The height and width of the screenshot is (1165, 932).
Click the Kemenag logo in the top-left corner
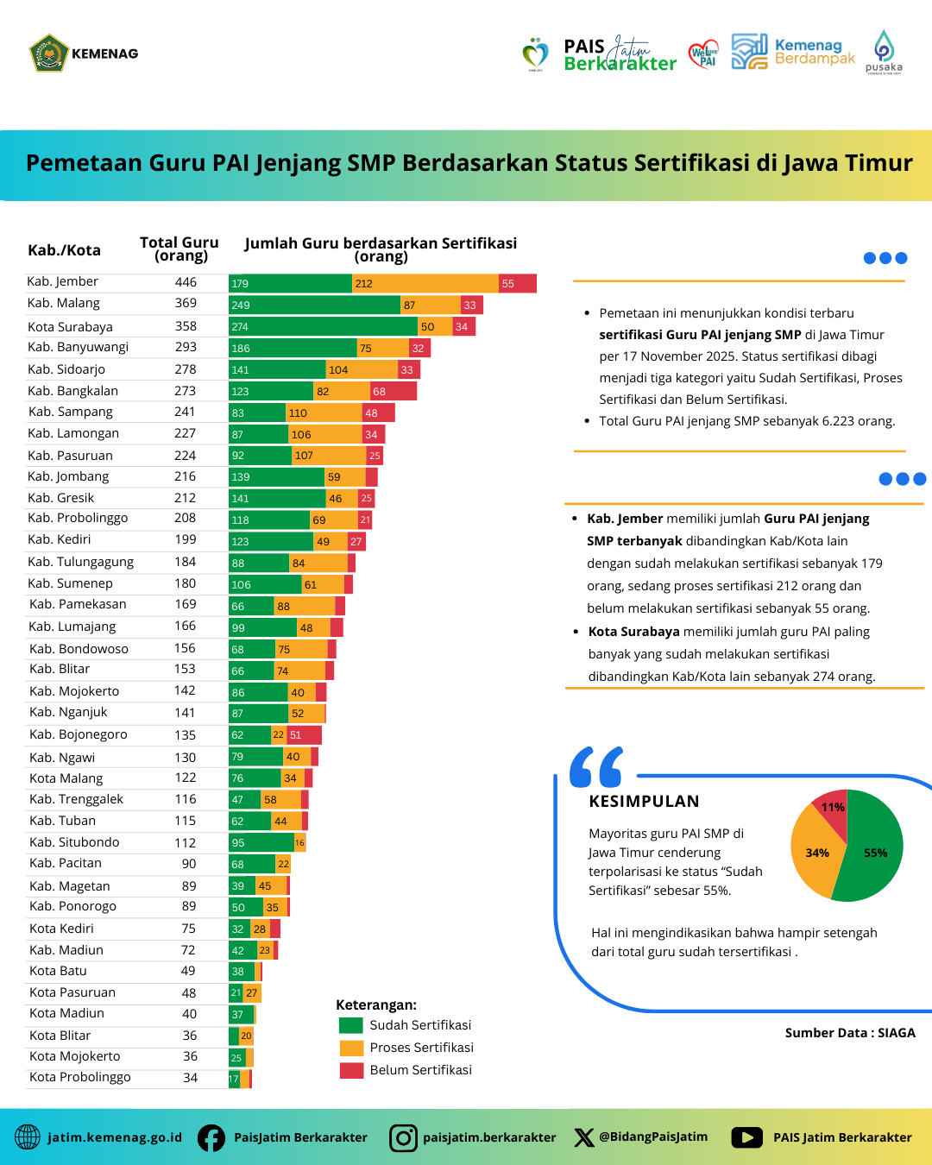[x=49, y=54]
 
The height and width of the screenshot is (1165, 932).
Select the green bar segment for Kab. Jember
[x=290, y=283]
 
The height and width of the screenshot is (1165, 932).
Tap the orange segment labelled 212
[x=425, y=283]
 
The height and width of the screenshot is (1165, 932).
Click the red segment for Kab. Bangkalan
[x=394, y=391]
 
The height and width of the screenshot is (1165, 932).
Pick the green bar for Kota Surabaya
[x=323, y=326]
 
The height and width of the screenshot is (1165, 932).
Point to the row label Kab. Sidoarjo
[x=66, y=369]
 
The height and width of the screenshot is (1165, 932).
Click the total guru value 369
[x=186, y=303]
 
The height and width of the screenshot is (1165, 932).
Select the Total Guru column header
[x=179, y=249]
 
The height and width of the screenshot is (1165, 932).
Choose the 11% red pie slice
[x=832, y=806]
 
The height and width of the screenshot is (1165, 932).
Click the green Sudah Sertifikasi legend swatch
[x=351, y=1025]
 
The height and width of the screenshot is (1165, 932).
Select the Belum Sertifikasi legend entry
[x=420, y=1070]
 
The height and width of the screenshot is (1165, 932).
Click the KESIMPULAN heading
[x=644, y=801]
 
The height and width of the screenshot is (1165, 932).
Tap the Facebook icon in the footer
[x=211, y=1137]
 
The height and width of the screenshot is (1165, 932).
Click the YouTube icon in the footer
[x=746, y=1137]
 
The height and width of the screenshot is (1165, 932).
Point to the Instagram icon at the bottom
[x=403, y=1137]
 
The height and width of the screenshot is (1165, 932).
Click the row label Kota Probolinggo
[x=80, y=1077]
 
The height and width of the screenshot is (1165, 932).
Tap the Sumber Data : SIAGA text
[x=850, y=1033]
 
